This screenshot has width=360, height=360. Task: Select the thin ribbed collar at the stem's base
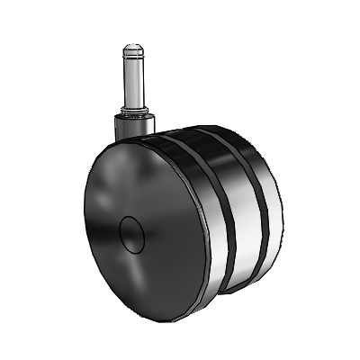[132, 112]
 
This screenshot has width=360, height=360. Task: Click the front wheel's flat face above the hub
[135, 180]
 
